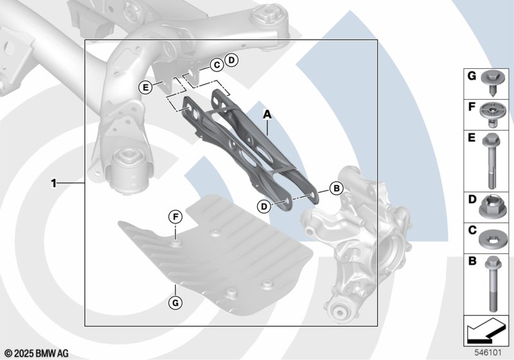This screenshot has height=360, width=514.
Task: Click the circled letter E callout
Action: tap(146, 87)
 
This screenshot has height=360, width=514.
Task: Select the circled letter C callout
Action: tap(217, 65)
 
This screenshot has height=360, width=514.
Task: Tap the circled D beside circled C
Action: tap(231, 60)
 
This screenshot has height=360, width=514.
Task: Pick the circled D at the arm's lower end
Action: tap(264, 206)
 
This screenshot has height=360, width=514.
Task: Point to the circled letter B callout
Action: tap(336, 188)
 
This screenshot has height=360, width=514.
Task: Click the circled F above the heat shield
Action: tap(175, 217)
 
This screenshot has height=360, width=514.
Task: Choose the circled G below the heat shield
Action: tap(175, 302)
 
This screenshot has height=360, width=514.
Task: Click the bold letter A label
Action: tap(268, 115)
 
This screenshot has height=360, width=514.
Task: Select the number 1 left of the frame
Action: tap(53, 183)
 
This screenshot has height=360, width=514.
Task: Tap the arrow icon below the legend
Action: tap(486, 330)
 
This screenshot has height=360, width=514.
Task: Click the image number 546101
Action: tap(488, 353)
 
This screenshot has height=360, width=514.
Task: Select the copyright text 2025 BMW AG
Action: tap(42, 354)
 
